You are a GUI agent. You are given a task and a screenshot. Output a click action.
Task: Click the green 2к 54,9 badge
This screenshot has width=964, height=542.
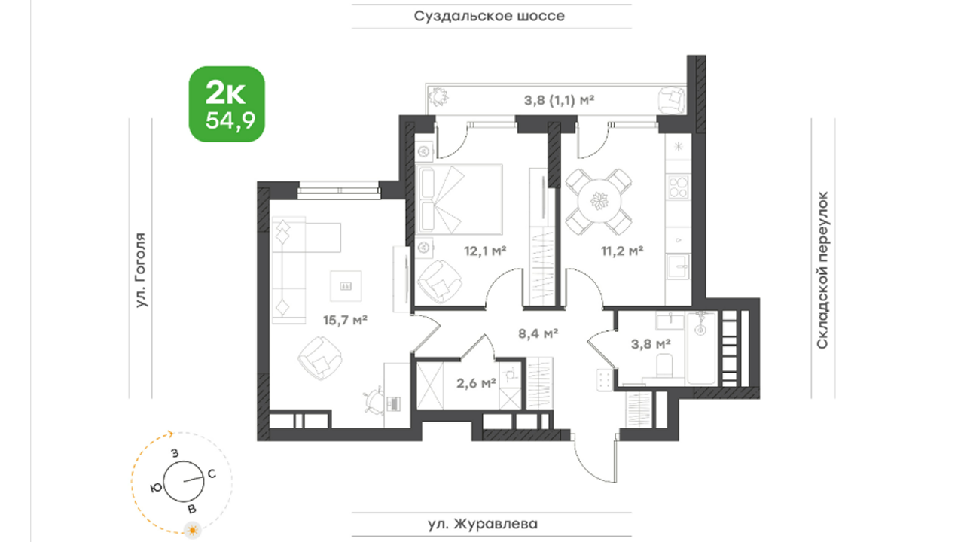pyautogui.click(x=227, y=104)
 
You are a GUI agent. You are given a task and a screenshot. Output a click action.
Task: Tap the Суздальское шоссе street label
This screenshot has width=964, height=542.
pyautogui.click(x=490, y=17)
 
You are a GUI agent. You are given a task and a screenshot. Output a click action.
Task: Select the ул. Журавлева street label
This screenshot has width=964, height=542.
pyautogui.click(x=483, y=524)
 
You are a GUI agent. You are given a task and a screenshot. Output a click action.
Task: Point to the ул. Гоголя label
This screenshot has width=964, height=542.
pyautogui.click(x=141, y=270)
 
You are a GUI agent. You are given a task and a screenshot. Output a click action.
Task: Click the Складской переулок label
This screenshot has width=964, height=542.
pyautogui.click(x=822, y=270)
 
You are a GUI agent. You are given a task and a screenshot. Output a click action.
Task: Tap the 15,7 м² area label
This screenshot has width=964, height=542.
pyautogui.click(x=345, y=320)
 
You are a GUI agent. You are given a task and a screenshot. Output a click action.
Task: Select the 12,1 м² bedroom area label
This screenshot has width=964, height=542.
pyautogui.click(x=485, y=251)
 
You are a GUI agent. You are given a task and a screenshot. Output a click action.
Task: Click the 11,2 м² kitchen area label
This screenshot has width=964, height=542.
pyautogui.click(x=622, y=251)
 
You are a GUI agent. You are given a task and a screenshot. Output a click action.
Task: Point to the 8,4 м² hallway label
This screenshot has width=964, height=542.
pyautogui.click(x=538, y=333)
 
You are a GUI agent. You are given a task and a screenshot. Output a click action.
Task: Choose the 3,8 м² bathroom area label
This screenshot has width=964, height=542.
pyautogui.click(x=651, y=344)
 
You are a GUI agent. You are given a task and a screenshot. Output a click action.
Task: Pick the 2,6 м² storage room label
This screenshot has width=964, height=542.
pyautogui.click(x=476, y=383)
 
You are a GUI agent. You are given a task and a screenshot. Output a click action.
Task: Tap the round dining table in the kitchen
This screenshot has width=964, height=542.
pyautogui.click(x=599, y=201)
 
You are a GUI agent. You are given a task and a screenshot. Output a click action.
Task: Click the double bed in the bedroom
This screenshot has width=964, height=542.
pyautogui.click(x=459, y=199)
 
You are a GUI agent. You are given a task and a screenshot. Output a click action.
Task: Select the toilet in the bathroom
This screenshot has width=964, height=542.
pyautogui.click(x=665, y=365)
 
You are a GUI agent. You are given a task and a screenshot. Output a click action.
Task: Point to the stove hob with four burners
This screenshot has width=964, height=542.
pyautogui.click(x=679, y=187)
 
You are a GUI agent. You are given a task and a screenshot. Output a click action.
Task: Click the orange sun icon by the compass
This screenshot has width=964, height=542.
pyautogui.click(x=192, y=530)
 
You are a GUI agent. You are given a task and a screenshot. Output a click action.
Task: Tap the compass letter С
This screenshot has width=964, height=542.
pyautogui.click(x=212, y=474)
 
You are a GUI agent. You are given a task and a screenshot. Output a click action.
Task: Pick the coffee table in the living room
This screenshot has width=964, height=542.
pyautogui.click(x=346, y=286)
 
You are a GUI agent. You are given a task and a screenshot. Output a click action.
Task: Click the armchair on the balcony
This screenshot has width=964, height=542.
pyautogui.click(x=672, y=100)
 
